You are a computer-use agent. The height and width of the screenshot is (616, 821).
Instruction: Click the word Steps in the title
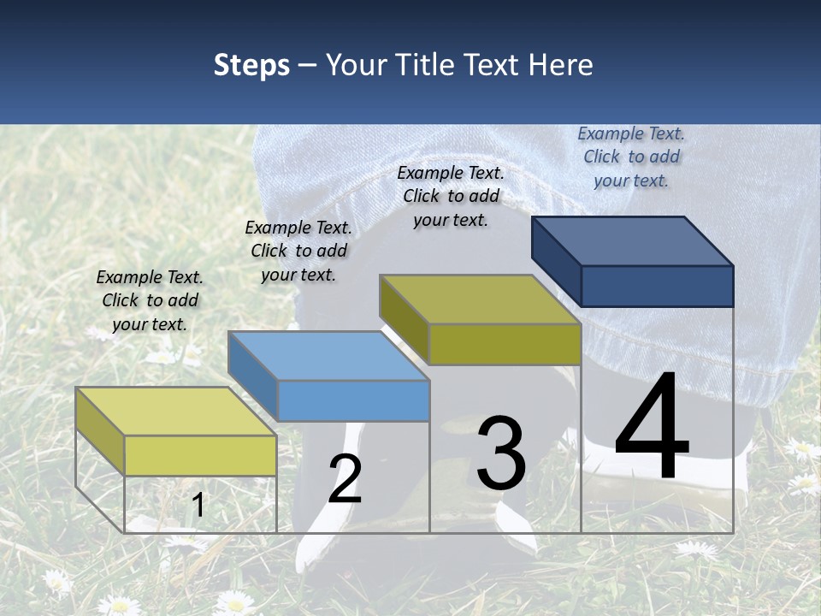(x=251, y=65)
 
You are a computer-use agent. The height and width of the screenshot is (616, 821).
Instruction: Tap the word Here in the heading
(x=560, y=65)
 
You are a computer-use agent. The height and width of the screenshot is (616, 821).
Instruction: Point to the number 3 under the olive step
(x=501, y=453)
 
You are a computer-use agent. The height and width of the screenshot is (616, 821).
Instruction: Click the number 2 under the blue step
(x=345, y=479)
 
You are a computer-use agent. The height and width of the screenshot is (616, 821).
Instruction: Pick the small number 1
(x=198, y=506)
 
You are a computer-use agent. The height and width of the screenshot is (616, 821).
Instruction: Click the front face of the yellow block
(x=200, y=455)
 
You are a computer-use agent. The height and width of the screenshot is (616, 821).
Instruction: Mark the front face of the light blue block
(x=353, y=400)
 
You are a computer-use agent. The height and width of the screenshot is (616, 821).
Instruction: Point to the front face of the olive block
(x=505, y=344)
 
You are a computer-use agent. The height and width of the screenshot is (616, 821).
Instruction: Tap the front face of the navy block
(x=657, y=286)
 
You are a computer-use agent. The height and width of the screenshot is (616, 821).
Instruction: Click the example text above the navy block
(x=631, y=157)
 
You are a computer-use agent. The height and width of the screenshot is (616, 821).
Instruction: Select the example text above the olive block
(x=451, y=196)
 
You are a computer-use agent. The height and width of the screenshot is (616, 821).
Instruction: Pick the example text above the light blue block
(x=298, y=251)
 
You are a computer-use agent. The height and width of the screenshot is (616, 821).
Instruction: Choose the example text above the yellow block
(x=150, y=300)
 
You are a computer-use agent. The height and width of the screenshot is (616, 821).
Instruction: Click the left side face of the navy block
(x=556, y=260)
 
